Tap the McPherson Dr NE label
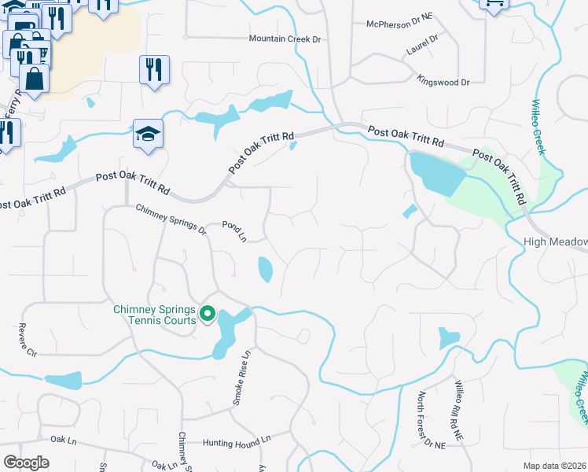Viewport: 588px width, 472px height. (x=399, y=24)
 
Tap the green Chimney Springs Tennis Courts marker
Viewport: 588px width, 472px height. (x=208, y=315)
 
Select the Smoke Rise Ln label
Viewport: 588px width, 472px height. (x=241, y=378)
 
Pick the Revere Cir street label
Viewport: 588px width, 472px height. (x=28, y=340)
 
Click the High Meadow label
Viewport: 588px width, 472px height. (x=557, y=242)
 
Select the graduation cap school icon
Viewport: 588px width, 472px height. (x=148, y=135)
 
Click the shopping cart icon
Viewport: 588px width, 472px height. (x=494, y=4)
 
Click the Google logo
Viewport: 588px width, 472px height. (x=26, y=463)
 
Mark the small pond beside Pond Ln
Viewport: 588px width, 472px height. (x=265, y=270)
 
